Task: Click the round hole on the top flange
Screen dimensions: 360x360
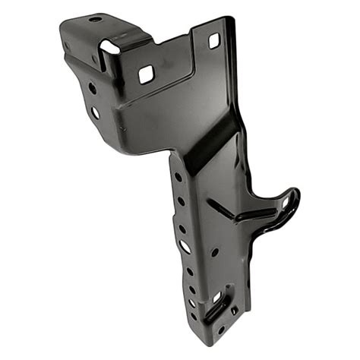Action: click(x=95, y=19)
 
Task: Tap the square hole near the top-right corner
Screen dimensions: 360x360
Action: click(x=213, y=40)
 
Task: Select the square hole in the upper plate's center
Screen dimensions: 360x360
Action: click(x=146, y=74)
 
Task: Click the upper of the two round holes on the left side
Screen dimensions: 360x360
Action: click(x=92, y=88)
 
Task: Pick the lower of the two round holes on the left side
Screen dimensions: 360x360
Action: click(x=96, y=113)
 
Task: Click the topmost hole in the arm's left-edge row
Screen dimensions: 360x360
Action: click(x=178, y=177)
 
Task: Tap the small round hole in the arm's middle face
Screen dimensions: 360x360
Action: click(x=215, y=251)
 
